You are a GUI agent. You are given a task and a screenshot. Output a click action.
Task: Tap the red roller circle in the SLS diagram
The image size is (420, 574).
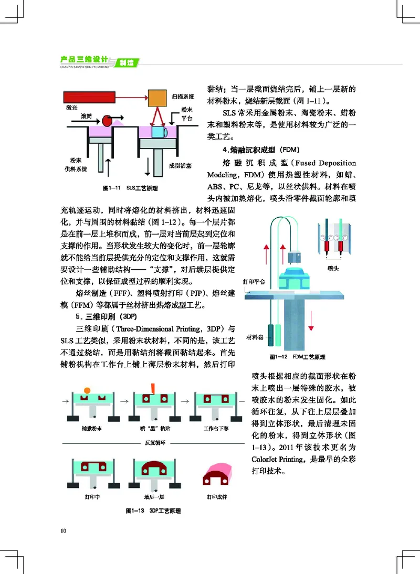click(107, 121)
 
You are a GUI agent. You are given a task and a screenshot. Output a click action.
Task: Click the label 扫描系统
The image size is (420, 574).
click(183, 98)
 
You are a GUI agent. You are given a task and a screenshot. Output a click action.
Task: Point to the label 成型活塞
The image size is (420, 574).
click(180, 165)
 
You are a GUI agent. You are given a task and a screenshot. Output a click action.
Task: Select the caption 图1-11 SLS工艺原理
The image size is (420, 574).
click(130, 187)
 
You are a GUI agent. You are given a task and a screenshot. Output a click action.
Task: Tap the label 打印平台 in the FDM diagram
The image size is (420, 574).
click(255, 281)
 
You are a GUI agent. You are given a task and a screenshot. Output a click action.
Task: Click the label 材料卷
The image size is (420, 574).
click(255, 336)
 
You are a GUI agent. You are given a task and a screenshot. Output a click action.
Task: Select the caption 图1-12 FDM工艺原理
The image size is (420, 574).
click(297, 357)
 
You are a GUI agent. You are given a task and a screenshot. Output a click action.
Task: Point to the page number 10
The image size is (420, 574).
click(64, 530)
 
